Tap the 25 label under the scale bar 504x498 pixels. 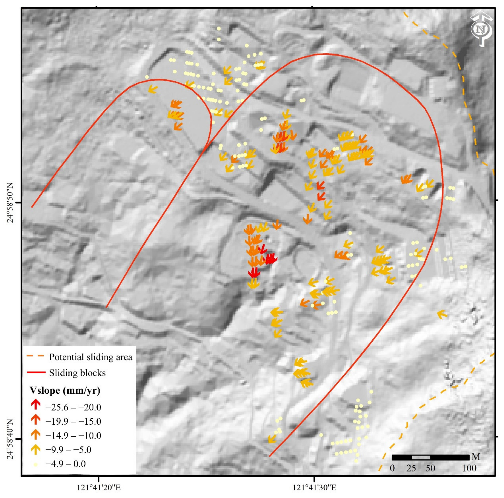(x=411, y=468)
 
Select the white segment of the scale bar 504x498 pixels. (x=421, y=457)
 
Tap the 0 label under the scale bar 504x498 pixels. (x=392, y=468)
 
